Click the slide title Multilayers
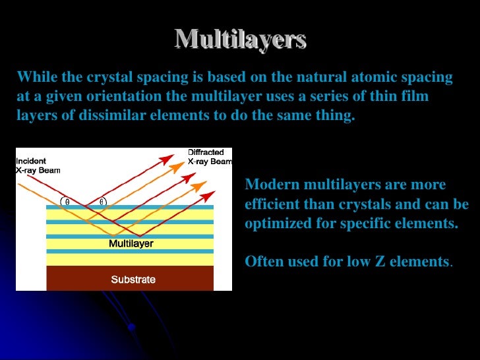point(241,40)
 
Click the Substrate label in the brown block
point(133,280)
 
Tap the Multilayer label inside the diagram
point(131,244)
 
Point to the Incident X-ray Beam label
point(38,165)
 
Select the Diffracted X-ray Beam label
point(210,156)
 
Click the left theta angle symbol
point(67,202)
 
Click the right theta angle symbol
point(102,202)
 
